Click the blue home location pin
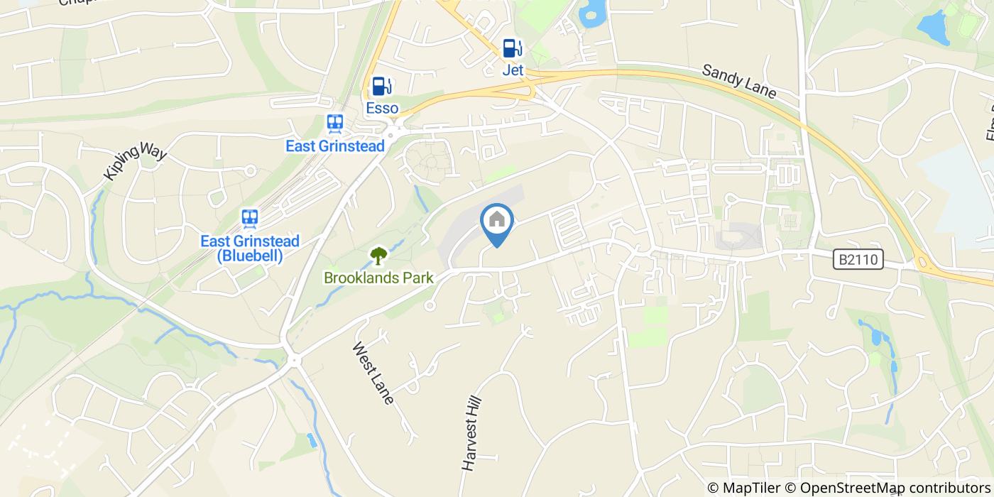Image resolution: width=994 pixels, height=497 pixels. click(x=497, y=222)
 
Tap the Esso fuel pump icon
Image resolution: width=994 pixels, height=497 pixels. click(x=382, y=87)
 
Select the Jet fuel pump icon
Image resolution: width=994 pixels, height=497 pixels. click(x=513, y=48)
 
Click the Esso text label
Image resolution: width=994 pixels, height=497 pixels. click(x=382, y=109)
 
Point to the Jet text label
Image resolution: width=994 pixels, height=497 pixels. click(x=513, y=70)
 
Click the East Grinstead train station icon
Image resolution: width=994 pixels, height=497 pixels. click(x=335, y=124)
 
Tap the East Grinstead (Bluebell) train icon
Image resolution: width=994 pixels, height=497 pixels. click(x=249, y=217)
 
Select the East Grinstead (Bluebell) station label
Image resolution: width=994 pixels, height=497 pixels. click(x=250, y=248)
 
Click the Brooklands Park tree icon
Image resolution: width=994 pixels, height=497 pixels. click(x=378, y=255)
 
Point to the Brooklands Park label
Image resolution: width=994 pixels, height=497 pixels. click(x=378, y=278)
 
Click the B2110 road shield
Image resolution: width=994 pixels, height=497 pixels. click(x=858, y=261)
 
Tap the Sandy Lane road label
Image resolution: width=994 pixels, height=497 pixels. click(x=738, y=82)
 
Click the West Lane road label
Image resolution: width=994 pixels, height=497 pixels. click(x=373, y=373)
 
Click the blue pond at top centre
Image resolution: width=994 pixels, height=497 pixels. click(x=591, y=12)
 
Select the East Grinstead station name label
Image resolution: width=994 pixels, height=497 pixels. click(x=335, y=146)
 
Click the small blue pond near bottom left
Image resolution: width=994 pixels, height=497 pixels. click(x=311, y=440)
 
